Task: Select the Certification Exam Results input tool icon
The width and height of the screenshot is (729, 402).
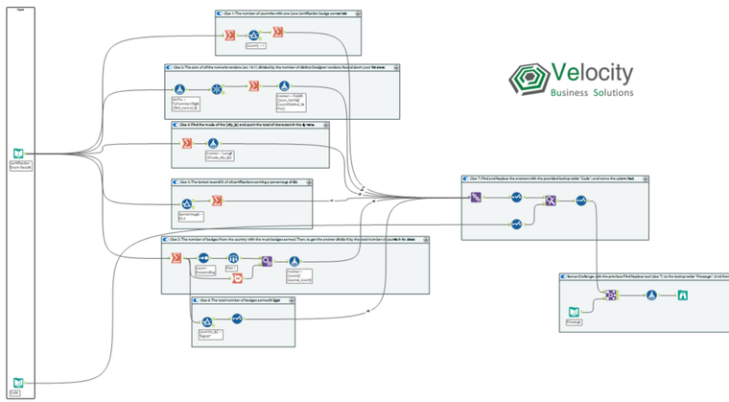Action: pos(17,154)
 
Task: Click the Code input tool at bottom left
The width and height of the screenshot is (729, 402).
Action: pos(15,383)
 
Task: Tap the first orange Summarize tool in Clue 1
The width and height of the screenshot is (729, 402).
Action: pos(230,35)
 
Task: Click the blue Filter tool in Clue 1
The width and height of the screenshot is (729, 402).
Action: pos(254,35)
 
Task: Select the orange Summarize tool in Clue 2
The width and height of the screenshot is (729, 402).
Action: pos(254,87)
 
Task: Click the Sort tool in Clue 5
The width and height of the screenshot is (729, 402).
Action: pos(203,257)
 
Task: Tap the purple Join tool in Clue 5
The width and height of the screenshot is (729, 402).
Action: pos(268,258)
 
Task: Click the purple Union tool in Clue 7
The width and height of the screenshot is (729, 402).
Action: pos(475,198)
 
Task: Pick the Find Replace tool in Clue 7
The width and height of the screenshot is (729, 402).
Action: pos(552,200)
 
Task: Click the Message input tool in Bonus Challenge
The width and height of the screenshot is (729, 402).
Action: pos(574,312)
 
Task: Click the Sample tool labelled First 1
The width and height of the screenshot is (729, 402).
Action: pos(233,258)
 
